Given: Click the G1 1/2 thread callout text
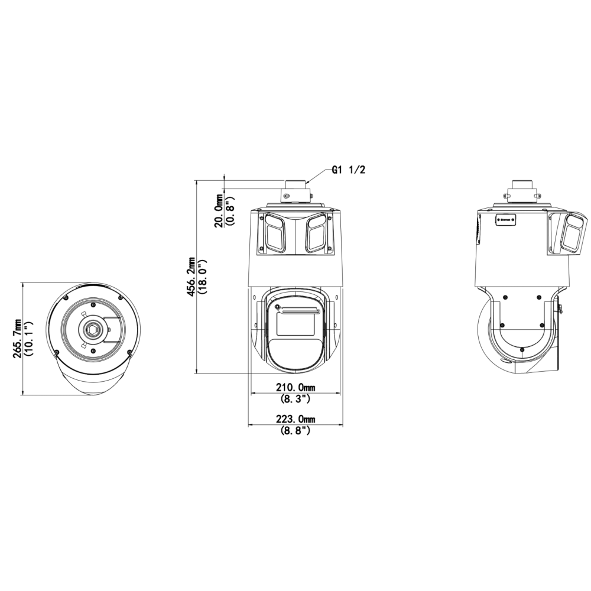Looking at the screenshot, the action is (348, 170).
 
